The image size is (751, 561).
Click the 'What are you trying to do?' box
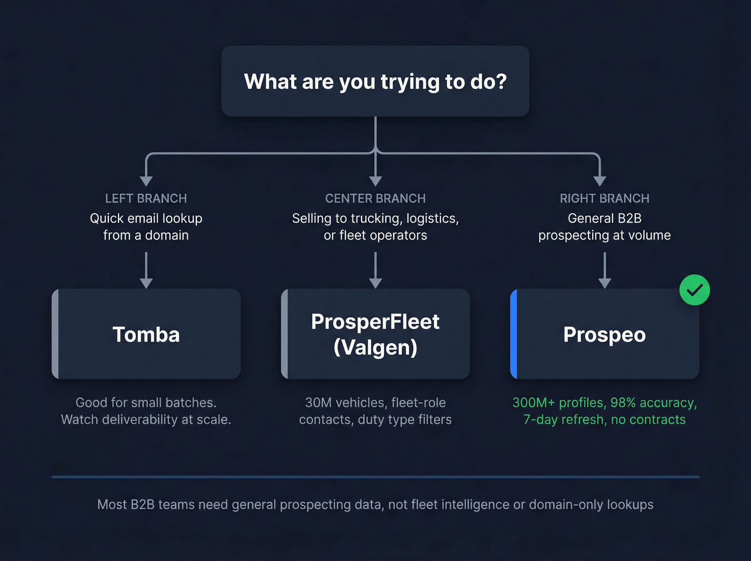click(x=375, y=81)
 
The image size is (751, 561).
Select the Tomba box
click(x=146, y=334)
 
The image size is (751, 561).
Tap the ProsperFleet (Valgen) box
click(x=375, y=334)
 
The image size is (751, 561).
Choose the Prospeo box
click(x=605, y=334)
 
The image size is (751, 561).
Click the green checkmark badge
click(x=694, y=290)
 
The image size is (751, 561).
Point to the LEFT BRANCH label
click(x=146, y=199)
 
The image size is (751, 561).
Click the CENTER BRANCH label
click(x=375, y=199)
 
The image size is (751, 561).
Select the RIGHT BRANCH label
click(x=605, y=199)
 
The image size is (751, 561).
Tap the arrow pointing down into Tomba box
click(x=146, y=271)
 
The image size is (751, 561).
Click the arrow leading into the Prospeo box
click(x=605, y=271)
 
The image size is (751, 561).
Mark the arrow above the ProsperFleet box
click(x=376, y=271)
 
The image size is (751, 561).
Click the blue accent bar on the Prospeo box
click(x=513, y=334)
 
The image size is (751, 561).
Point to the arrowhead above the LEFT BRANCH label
click(x=146, y=180)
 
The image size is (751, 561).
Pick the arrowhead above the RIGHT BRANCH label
click(x=600, y=180)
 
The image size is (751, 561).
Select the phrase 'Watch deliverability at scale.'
click(x=146, y=420)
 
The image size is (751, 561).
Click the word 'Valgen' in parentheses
click(x=375, y=348)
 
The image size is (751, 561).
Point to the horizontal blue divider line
click(x=375, y=477)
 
